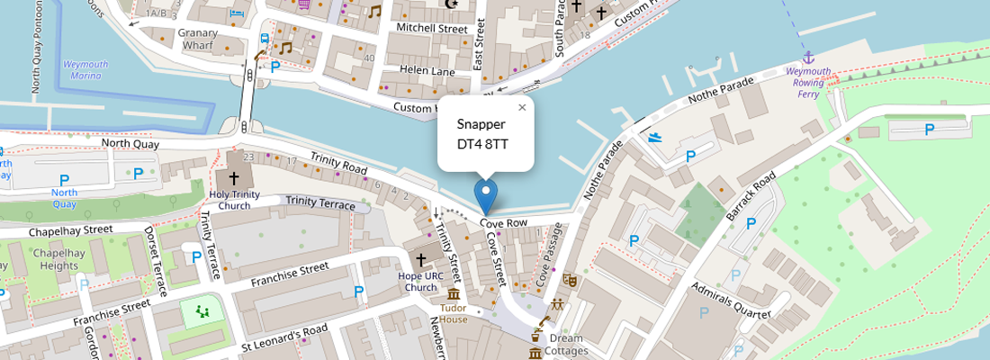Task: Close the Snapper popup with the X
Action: [522, 108]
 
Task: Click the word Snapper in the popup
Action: [481, 124]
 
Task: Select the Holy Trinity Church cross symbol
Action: [234, 178]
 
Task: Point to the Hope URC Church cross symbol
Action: [420, 260]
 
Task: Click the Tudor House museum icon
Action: [454, 294]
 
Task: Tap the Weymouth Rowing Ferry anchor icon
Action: [807, 57]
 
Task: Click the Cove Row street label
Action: [503, 222]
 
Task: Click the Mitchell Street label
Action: [433, 29]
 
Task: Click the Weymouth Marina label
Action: [86, 70]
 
